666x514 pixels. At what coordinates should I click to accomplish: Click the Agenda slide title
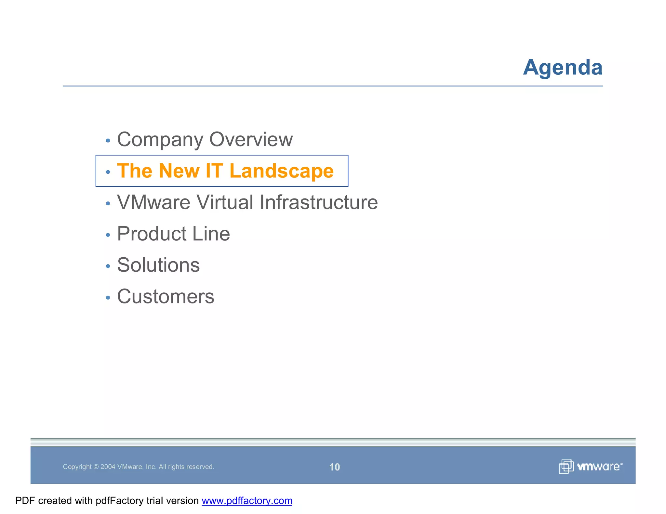(563, 68)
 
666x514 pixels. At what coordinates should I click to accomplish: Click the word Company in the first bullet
(161, 139)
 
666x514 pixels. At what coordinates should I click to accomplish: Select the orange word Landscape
(281, 171)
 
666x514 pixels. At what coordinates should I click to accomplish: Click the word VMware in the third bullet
(153, 202)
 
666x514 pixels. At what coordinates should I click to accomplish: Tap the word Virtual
(225, 202)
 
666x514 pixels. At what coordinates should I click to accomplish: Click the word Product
(152, 234)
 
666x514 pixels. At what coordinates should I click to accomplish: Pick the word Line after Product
(211, 234)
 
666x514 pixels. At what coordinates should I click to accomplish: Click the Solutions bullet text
(158, 265)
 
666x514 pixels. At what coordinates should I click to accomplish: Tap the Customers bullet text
(166, 296)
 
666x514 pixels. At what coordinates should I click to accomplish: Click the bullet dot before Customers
(108, 297)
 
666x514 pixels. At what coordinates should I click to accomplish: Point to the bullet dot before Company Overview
(108, 141)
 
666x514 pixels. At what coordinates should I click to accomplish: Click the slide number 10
(334, 467)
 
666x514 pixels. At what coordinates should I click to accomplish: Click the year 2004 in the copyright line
(108, 467)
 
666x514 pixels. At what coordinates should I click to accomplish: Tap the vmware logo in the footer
(591, 467)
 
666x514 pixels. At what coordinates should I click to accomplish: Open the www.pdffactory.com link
(247, 501)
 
